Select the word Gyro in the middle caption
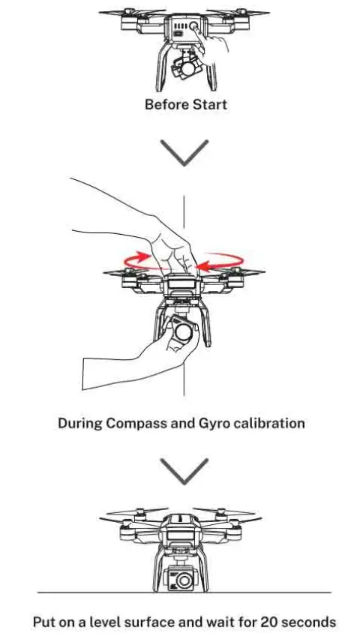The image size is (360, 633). pyautogui.click(x=214, y=423)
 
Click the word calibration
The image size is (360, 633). pyautogui.click(x=268, y=423)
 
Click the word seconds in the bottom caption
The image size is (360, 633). pyautogui.click(x=306, y=622)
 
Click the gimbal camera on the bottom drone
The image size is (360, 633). pyautogui.click(x=183, y=577)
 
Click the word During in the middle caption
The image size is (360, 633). pyautogui.click(x=80, y=423)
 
